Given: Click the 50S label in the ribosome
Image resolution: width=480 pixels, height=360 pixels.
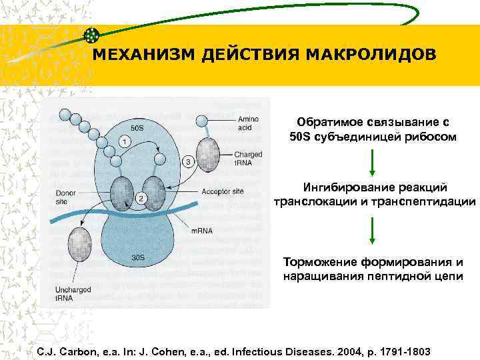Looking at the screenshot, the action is click(x=137, y=127).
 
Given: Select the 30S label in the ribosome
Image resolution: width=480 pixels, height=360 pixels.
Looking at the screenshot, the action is click(x=137, y=257).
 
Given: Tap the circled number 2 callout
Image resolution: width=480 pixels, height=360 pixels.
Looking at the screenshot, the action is click(x=141, y=198).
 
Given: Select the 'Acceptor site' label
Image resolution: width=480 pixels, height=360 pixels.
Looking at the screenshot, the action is click(x=223, y=191).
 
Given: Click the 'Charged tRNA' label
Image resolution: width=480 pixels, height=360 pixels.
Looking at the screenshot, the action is click(x=248, y=159).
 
